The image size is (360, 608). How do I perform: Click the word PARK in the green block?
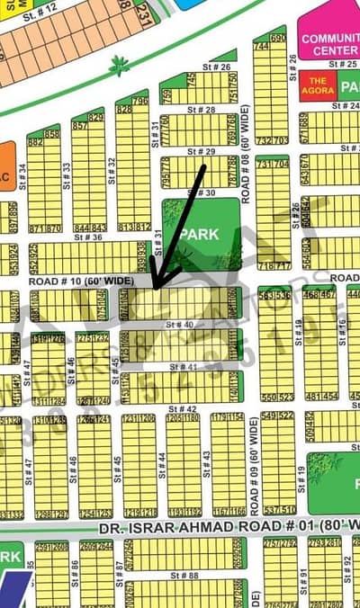(x=193, y=233)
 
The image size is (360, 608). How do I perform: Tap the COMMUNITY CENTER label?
(x=330, y=45)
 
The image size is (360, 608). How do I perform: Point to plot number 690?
(x=278, y=39)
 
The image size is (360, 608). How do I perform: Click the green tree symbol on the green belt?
(x=117, y=65)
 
